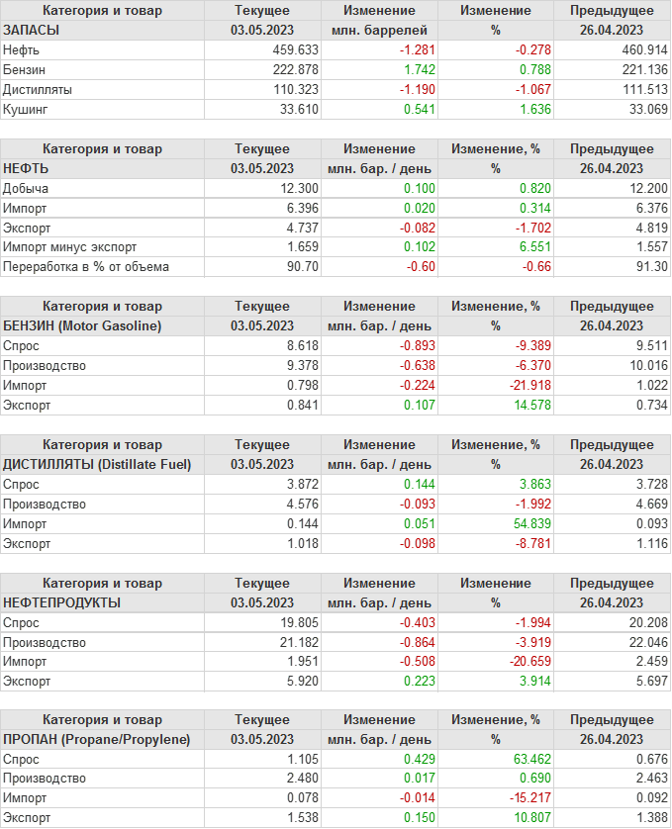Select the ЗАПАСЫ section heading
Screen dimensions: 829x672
click(32, 31)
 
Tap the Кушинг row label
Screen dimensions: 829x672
click(26, 109)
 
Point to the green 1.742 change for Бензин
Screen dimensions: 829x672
click(420, 69)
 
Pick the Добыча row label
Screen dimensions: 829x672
click(27, 188)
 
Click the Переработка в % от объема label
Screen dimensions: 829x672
click(86, 267)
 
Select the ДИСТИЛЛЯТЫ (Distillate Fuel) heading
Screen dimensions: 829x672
click(97, 465)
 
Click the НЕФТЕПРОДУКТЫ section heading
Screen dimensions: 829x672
click(62, 602)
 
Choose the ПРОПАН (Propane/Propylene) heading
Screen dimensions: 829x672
click(97, 740)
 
